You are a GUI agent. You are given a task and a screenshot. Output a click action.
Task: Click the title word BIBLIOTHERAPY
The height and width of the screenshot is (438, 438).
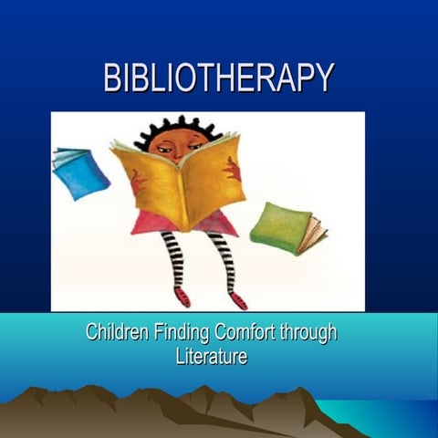(x=218, y=78)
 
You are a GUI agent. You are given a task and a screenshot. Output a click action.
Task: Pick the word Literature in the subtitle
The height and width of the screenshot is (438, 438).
(x=211, y=356)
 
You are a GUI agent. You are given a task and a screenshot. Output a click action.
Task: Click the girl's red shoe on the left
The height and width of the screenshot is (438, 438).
(x=182, y=297)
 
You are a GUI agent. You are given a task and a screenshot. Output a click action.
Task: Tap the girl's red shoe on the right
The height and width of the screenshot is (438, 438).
(x=237, y=299)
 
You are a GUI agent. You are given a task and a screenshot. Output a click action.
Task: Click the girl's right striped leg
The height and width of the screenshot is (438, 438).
(x=224, y=261)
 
